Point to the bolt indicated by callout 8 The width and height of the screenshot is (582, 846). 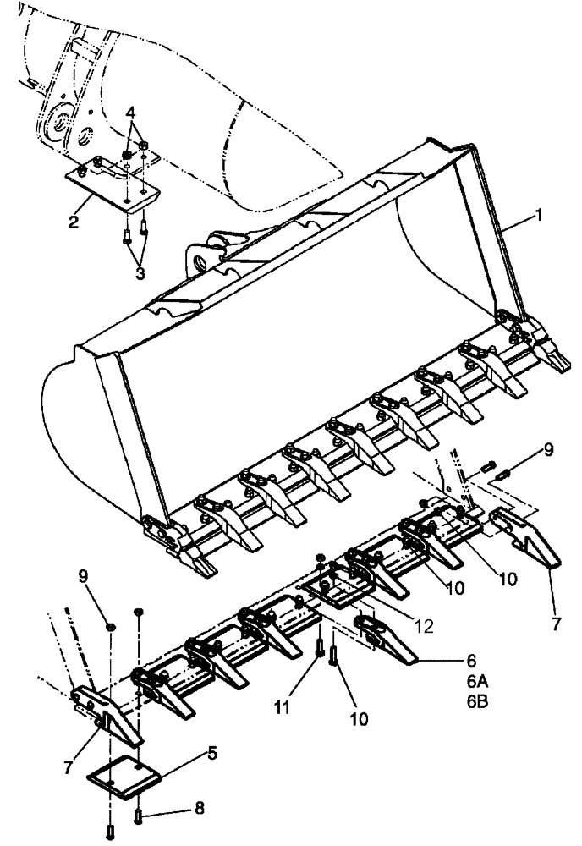coord(139,815)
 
